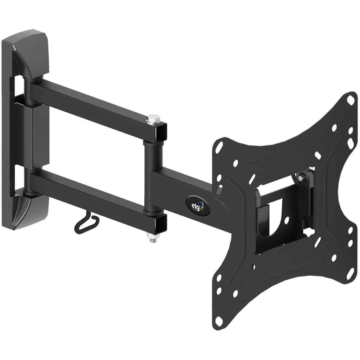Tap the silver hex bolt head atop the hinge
[154, 118]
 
